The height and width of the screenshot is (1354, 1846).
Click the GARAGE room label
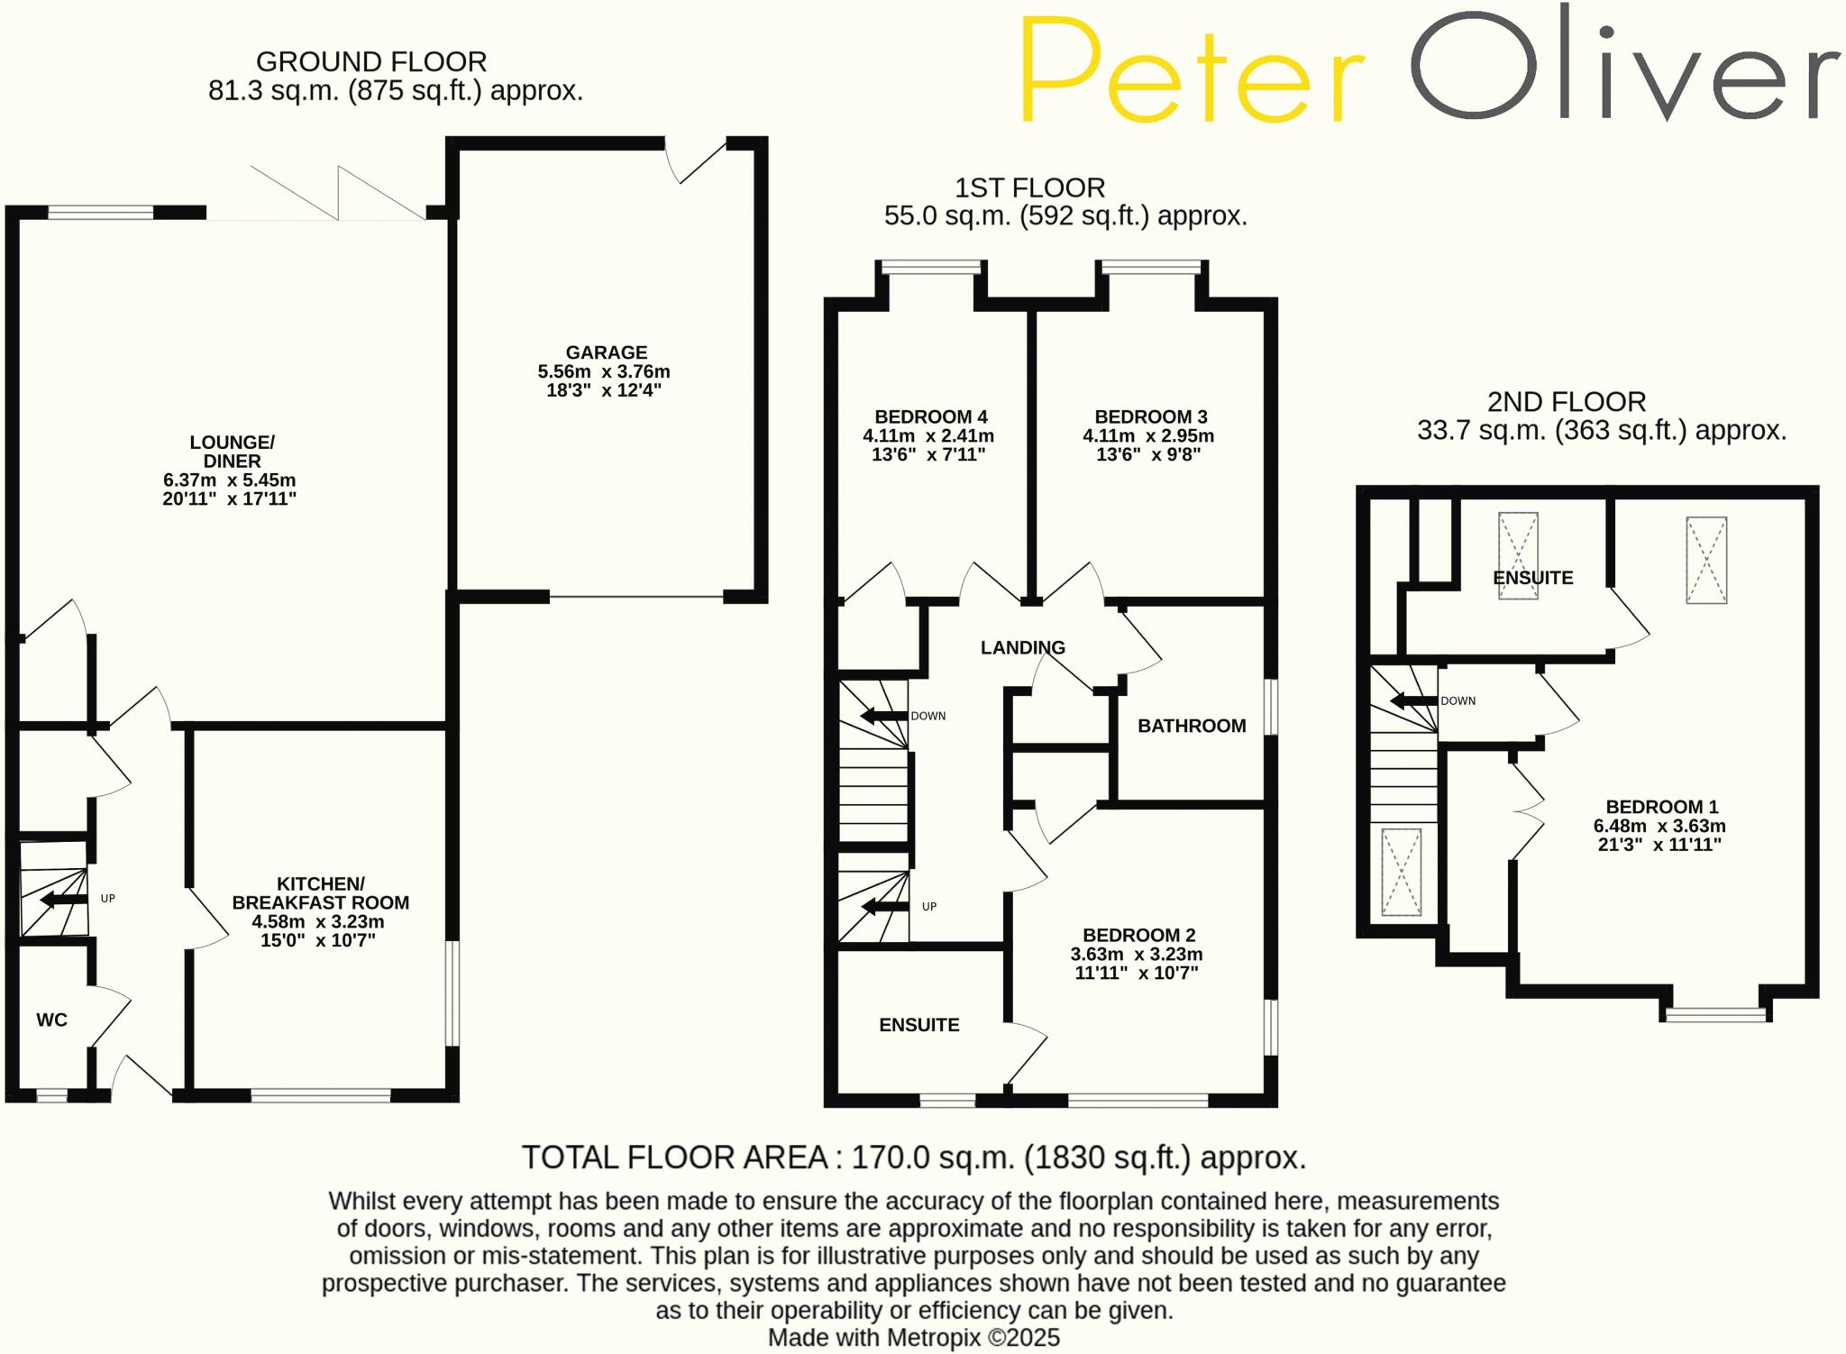pos(606,352)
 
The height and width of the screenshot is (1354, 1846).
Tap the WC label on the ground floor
pos(51,1020)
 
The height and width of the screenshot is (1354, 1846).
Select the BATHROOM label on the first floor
pos(1191,726)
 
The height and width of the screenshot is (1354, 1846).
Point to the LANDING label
pos(1022,647)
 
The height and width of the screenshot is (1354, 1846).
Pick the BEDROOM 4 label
pos(930,416)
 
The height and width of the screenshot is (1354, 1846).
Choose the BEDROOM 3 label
pos(1150,416)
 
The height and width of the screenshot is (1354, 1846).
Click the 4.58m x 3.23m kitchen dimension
pos(318,921)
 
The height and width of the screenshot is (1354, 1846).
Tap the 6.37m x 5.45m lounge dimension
pos(230,480)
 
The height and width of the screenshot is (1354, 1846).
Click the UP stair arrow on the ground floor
pos(63,899)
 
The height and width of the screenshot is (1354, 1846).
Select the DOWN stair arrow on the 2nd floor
pos(1412,700)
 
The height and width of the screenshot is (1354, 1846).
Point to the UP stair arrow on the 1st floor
pos(884,906)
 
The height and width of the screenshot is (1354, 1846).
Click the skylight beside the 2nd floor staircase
pos(1401,872)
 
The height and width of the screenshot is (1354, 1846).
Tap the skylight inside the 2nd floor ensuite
pos(1518,555)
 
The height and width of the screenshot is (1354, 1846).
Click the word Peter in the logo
pos(1192,70)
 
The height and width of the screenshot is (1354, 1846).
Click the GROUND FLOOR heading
pos(371,61)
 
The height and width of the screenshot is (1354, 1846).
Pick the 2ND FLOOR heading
pos(1567,401)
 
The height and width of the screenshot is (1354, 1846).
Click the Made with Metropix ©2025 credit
pos(913,1338)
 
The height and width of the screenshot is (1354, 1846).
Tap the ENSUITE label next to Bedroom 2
pos(918,1025)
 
